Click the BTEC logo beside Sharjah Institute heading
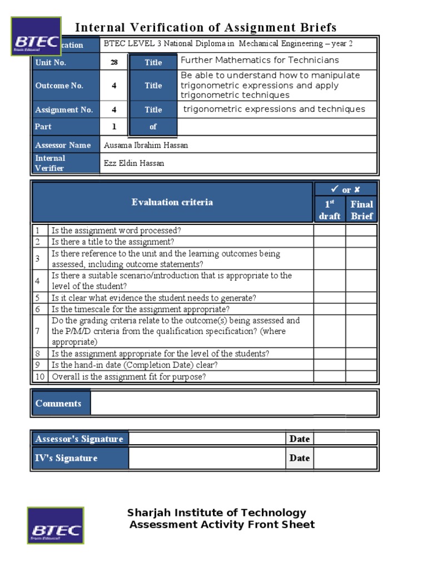coord(56,525)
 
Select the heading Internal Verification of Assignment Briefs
coord(206,27)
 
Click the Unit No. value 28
coord(114,62)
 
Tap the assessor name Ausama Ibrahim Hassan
coord(146,145)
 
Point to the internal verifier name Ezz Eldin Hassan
coord(134,163)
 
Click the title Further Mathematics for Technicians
coord(260,60)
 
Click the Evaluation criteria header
coord(172,202)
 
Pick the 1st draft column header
coord(330,209)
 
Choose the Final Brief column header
coord(361,209)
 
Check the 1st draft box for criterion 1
coord(330,230)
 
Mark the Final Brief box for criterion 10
coord(361,377)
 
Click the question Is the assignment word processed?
coord(116,230)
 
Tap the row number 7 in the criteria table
coord(38,331)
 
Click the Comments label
coord(58,404)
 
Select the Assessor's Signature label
coord(79,439)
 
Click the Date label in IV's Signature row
coord(299,458)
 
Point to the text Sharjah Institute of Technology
coord(217,513)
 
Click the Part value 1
coord(114,126)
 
